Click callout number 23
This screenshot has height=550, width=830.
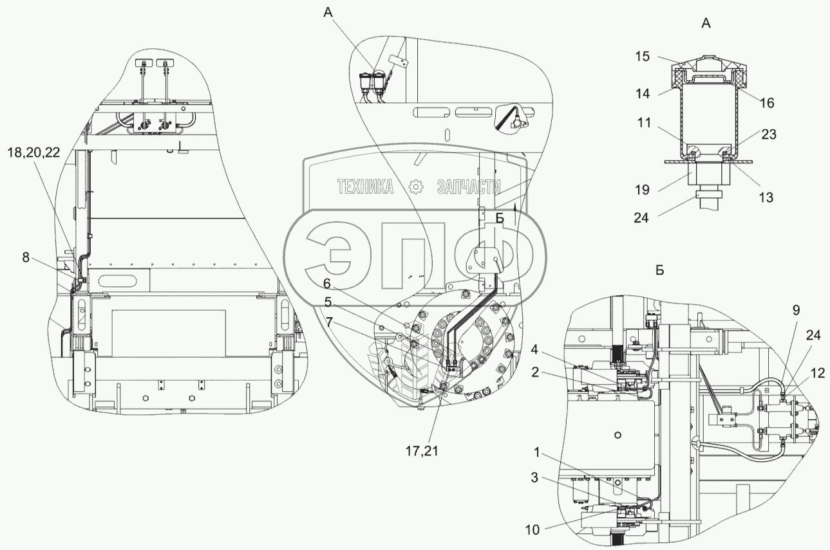(x=768, y=135)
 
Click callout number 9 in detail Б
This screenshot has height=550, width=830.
(x=796, y=309)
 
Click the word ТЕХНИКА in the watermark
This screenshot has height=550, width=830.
(x=366, y=187)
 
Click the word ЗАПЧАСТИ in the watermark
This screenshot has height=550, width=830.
(x=468, y=187)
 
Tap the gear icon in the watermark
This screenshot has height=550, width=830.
(x=415, y=187)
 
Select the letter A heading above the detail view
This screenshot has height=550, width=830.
(x=706, y=24)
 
